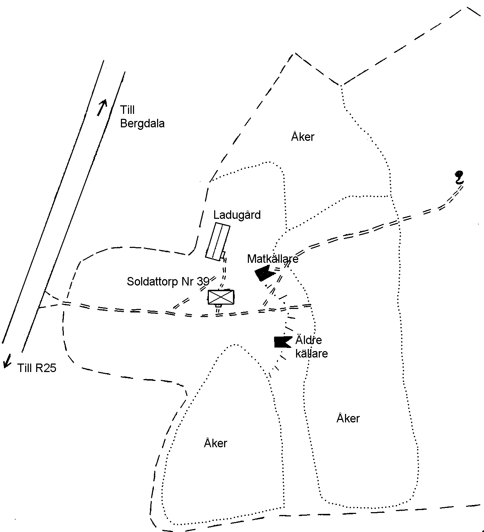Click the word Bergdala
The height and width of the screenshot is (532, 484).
point(142,124)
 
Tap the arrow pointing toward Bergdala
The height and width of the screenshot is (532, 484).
point(102,107)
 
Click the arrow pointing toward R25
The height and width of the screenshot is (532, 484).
point(7,361)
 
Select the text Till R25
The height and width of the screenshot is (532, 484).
point(37,368)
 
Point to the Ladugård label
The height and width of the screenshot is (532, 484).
point(237,215)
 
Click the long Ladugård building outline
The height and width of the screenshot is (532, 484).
point(218,242)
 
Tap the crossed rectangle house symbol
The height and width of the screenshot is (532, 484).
point(221,297)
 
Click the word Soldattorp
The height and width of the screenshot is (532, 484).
point(153,281)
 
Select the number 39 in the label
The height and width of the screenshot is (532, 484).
point(203,281)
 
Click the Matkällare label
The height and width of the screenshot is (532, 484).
point(273,259)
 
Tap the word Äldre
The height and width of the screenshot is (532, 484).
point(308,340)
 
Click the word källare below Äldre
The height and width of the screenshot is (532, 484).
point(312,354)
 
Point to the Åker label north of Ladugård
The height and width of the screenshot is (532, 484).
point(302,137)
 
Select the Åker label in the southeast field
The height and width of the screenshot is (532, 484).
point(348,418)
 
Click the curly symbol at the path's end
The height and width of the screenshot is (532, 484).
point(459,177)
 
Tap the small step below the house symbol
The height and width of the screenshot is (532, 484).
point(218,305)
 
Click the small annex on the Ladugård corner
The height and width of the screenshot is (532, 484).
point(223,255)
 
